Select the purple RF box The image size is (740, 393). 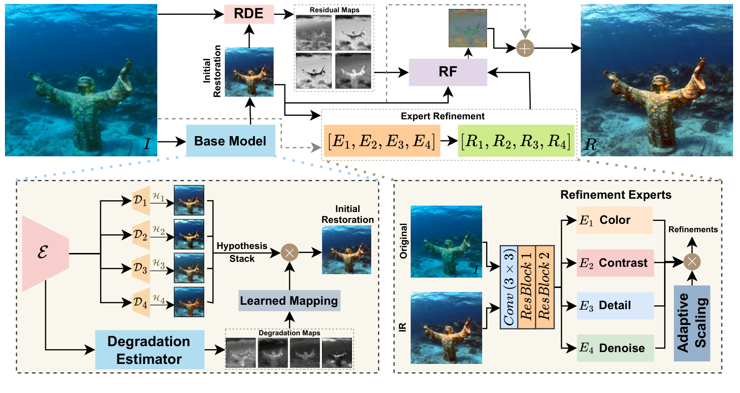pos(448,72)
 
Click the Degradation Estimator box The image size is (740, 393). pos(149,350)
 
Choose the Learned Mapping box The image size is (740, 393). pos(289,300)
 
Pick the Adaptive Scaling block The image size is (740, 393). pos(692,323)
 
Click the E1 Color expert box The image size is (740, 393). pos(614,220)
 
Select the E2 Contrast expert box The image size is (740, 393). pos(614,263)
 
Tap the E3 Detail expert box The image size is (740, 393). pos(614,305)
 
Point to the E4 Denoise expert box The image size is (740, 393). pos(614,348)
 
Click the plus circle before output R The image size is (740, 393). pos(525,48)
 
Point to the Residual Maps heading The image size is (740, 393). pos(334,9)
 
